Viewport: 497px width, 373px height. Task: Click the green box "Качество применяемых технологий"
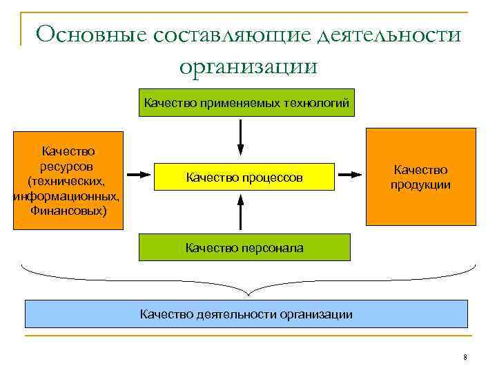pos(246,104)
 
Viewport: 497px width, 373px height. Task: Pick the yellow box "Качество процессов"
pos(244,178)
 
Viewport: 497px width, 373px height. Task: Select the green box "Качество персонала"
pos(244,247)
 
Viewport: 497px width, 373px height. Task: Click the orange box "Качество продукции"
pos(420,177)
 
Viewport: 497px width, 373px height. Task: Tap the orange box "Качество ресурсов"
pos(68,180)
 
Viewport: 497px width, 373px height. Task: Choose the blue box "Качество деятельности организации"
pos(246,314)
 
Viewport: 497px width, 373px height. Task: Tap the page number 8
pos(465,357)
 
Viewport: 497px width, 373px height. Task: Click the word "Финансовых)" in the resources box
pos(68,209)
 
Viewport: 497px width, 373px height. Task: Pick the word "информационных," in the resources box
pos(67,196)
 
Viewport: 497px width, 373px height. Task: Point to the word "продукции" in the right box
pos(420,184)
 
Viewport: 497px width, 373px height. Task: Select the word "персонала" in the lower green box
pos(272,247)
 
